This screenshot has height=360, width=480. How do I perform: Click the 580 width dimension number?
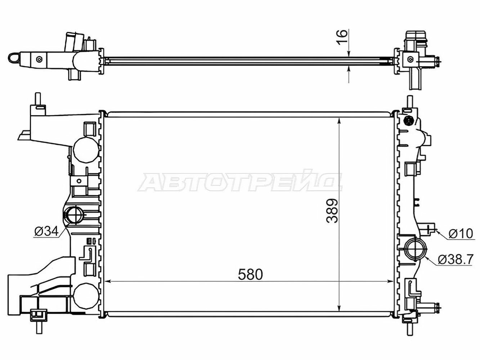pyautogui.click(x=250, y=275)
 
